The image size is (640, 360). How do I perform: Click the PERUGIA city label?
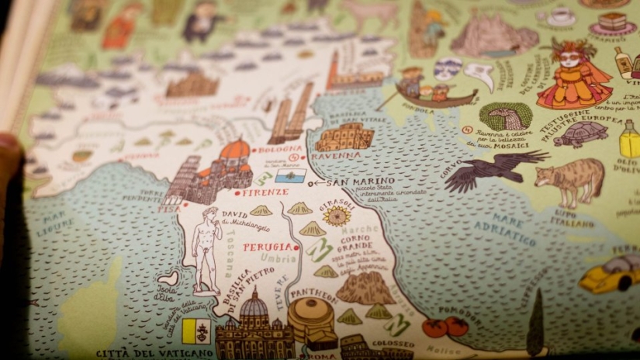(268, 247)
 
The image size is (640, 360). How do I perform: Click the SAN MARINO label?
(355, 183)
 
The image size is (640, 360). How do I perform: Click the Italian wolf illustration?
(570, 180)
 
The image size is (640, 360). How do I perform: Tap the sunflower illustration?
(337, 216)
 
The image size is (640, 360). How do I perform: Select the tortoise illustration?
(580, 133)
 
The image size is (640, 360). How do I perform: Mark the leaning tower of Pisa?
(182, 180)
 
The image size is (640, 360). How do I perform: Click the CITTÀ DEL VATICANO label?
(155, 354)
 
